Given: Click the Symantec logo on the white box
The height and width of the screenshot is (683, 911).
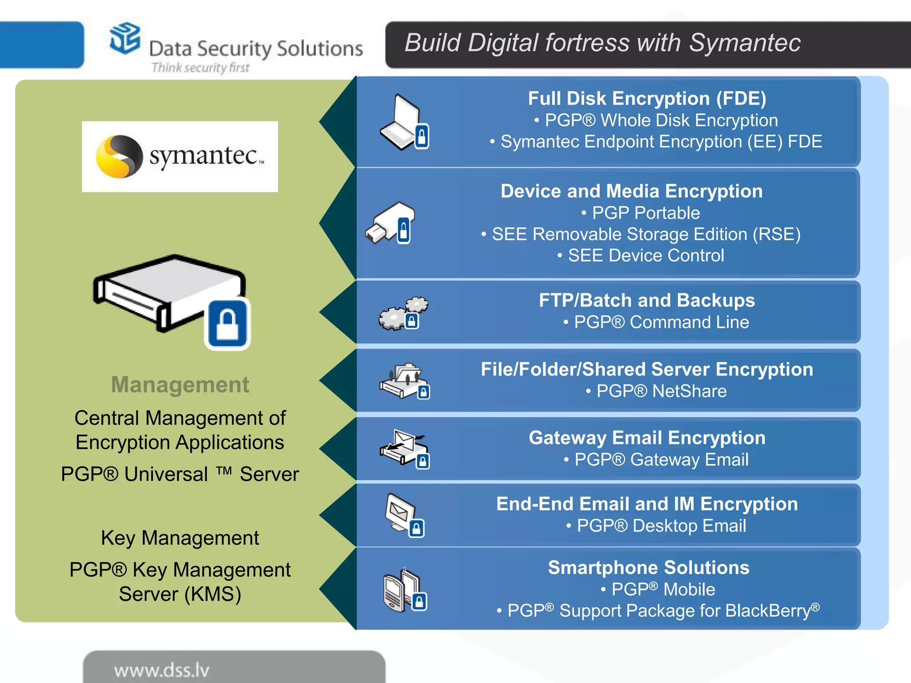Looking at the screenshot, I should (x=180, y=157).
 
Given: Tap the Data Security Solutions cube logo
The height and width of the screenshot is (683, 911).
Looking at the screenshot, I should (x=125, y=39).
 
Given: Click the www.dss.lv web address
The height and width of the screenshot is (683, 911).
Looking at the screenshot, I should (x=161, y=670).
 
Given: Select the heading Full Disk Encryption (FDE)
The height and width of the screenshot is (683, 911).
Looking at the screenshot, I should (x=647, y=99).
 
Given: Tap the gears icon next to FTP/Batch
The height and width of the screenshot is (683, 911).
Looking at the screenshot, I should (x=403, y=313).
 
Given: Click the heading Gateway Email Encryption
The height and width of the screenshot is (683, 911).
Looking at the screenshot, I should (x=647, y=438).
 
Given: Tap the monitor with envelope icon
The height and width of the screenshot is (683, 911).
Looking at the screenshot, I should (x=403, y=515).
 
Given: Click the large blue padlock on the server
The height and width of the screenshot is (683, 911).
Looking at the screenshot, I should (x=227, y=324).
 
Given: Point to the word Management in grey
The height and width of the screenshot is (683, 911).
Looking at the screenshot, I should (x=180, y=385).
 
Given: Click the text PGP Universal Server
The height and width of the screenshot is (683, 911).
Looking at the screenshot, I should (x=180, y=474).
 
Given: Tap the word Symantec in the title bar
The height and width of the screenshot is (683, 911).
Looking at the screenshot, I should (x=745, y=43).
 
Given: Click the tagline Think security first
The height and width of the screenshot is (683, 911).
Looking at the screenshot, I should (x=200, y=68).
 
